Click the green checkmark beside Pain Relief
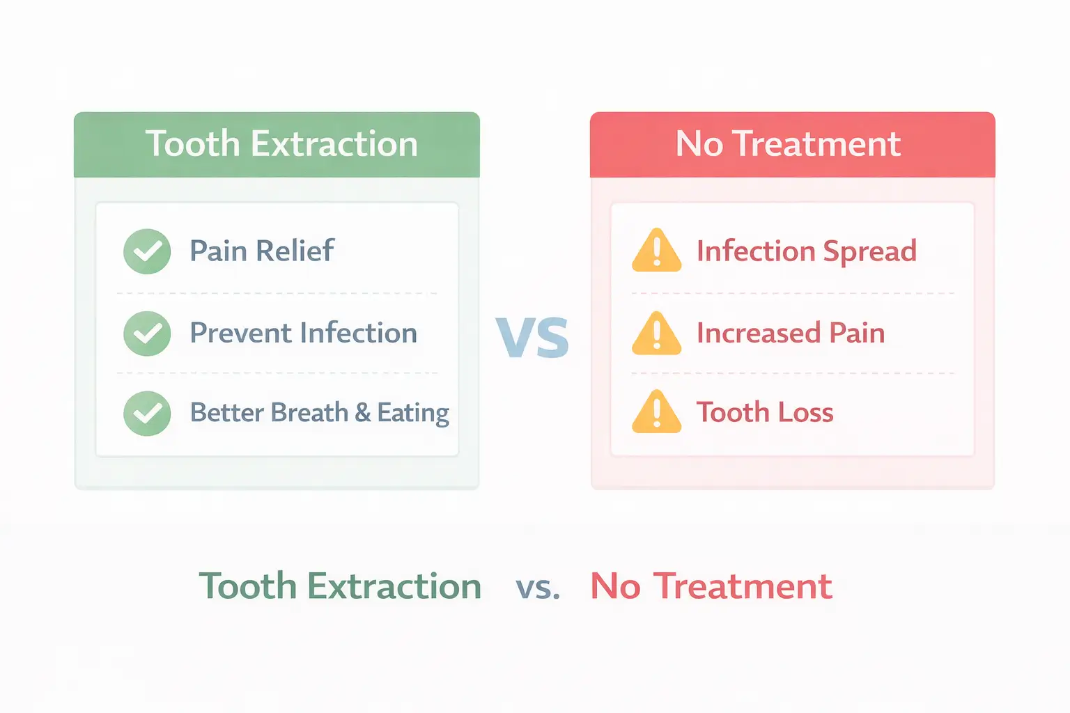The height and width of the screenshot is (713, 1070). coord(147,251)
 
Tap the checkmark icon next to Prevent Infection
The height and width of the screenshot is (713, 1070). coord(147,334)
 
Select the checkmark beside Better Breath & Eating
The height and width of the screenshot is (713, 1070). coord(147,413)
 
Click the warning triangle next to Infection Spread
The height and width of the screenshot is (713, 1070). coord(656,251)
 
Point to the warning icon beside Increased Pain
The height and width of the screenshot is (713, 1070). coord(656,334)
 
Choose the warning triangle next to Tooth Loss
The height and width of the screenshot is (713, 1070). coord(656,412)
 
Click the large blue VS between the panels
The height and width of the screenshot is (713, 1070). coord(533,338)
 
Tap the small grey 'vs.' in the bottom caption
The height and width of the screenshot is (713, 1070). coord(538,588)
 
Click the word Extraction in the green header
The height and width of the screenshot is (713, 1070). coord(334,144)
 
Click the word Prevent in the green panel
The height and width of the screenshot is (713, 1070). coord(240,333)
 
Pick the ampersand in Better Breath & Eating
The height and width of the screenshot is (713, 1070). coord(362,412)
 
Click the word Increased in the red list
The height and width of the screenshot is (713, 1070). coord(758,334)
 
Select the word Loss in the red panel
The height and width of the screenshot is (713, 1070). coord(805,412)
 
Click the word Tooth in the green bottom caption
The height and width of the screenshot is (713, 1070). coord(248,586)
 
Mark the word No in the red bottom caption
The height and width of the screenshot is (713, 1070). coord(615,586)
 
